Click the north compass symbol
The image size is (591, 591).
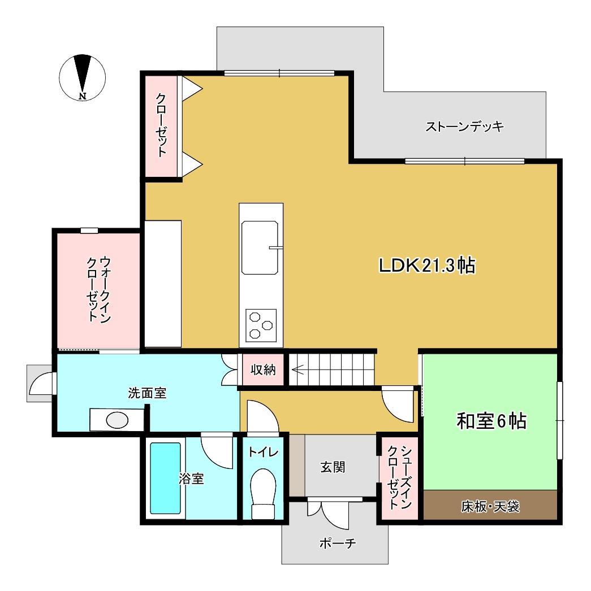point(83,77)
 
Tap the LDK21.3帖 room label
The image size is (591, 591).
point(426,265)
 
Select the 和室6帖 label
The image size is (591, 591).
point(491,421)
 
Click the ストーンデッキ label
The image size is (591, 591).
point(464,126)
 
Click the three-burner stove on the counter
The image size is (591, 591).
point(261,324)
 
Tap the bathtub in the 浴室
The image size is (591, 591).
point(165,477)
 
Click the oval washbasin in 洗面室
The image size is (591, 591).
point(117,420)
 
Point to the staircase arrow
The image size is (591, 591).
point(300,371)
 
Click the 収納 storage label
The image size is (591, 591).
point(263,371)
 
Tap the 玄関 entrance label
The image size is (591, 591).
point(333,467)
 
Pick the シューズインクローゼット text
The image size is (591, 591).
point(399,477)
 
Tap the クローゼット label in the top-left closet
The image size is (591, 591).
point(161,125)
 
